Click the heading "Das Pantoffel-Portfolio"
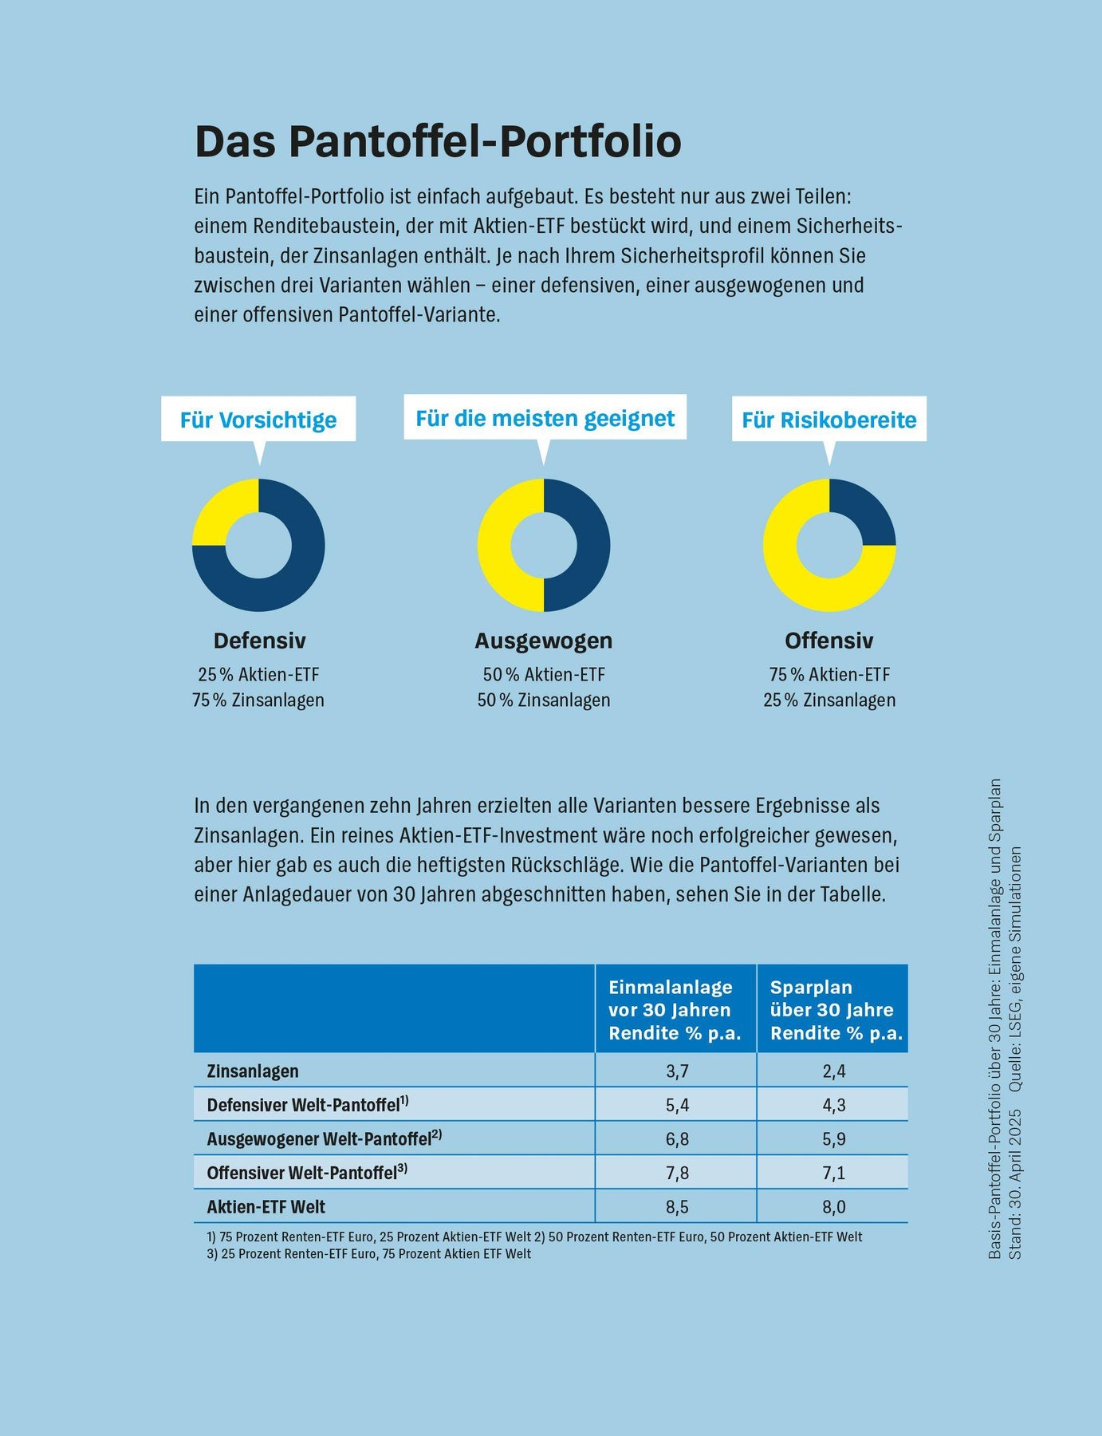(x=438, y=142)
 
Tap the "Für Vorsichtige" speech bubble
(x=258, y=420)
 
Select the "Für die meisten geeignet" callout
(x=545, y=418)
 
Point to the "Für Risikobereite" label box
(x=829, y=420)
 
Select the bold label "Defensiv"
(x=259, y=641)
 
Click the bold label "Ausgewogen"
(x=544, y=641)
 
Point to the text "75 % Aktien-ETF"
(x=829, y=675)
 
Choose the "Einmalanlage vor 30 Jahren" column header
(x=675, y=1010)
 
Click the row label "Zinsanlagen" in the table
(x=253, y=1071)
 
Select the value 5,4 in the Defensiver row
(x=677, y=1106)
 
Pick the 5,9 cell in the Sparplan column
(x=834, y=1139)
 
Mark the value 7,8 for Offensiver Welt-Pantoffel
(x=677, y=1174)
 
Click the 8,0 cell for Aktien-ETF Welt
(x=834, y=1207)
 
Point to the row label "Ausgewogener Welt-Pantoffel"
(x=324, y=1139)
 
